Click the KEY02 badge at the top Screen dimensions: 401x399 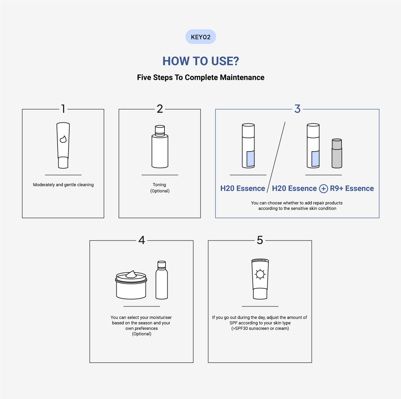coord(200,37)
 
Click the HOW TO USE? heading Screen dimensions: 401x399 coord(201,61)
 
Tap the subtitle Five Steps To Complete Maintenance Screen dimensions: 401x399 coord(201,78)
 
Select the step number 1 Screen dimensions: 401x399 coord(63,109)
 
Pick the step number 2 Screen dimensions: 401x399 coord(160,109)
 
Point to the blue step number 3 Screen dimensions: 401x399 coord(297,109)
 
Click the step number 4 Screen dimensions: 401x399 coord(142,240)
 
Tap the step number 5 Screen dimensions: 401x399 coord(260,240)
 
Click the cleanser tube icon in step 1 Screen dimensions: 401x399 coord(63,145)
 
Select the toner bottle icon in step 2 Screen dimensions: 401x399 coord(160,146)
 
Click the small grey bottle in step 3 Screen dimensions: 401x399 coord(337,153)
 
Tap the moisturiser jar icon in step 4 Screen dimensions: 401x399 coord(131,285)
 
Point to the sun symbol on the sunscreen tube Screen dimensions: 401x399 coord(260,274)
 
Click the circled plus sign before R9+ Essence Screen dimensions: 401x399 coord(323,189)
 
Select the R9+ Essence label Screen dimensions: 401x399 coord(352,188)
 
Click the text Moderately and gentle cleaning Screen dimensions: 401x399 coord(63,185)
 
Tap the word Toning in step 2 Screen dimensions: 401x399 coord(159,185)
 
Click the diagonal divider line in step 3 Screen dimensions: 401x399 coord(276,157)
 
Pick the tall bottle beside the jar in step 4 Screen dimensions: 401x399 coord(161,280)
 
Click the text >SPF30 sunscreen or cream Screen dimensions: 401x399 coord(260,328)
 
